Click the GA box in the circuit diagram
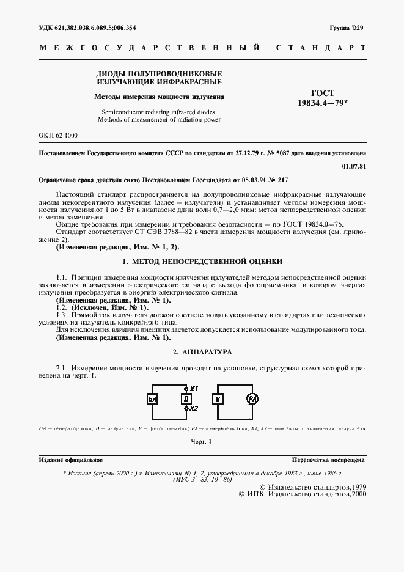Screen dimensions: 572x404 152,399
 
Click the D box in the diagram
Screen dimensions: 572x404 186,399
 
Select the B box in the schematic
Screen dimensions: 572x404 218,399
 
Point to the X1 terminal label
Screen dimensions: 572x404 194,389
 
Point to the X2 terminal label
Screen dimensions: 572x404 194,408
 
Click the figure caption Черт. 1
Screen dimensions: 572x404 201,441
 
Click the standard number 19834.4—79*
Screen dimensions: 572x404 323,103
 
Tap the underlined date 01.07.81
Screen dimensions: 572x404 354,166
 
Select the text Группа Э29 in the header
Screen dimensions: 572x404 347,28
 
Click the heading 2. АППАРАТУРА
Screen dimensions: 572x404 202,353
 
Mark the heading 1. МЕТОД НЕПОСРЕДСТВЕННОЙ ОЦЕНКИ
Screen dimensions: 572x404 202,261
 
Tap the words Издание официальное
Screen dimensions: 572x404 71,460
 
